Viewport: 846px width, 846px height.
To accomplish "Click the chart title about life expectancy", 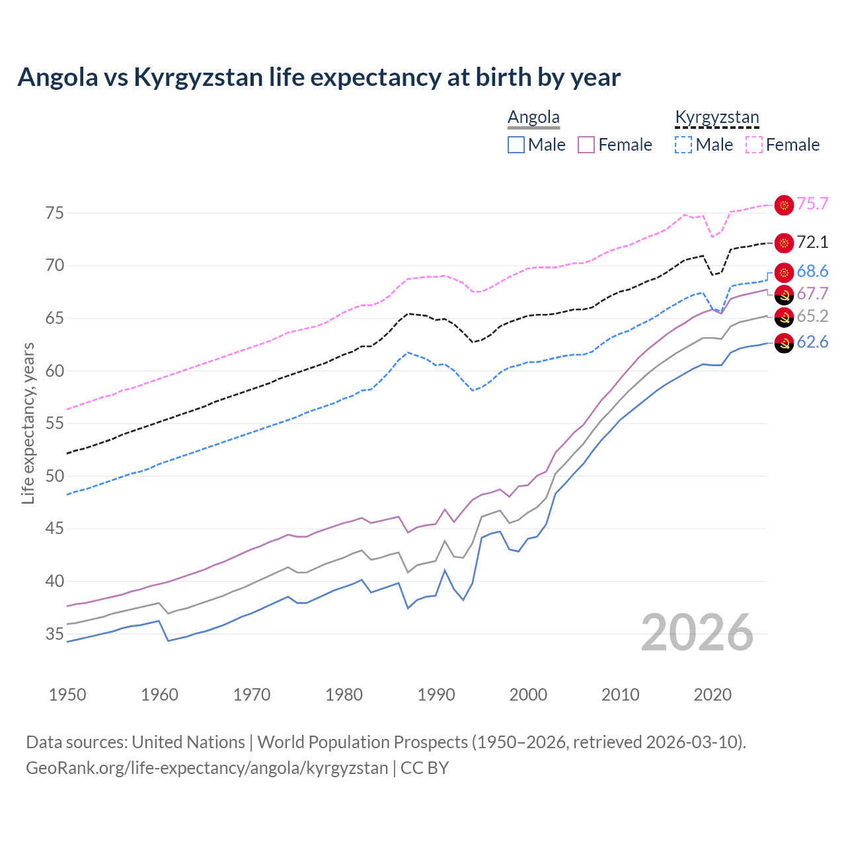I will click(319, 77).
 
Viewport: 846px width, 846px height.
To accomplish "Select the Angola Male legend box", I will click(516, 145).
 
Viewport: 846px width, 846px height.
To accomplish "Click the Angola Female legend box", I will click(586, 145).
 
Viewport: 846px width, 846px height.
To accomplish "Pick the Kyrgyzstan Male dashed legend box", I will click(683, 145).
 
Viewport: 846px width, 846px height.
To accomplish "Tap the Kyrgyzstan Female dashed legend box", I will click(754, 145).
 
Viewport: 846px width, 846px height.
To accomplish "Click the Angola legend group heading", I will click(533, 117).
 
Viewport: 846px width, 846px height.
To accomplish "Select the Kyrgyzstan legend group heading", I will click(716, 117).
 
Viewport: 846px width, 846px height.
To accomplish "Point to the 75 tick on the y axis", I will click(54, 213).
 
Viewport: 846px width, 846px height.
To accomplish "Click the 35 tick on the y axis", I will click(54, 634).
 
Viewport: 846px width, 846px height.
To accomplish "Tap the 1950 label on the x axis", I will click(67, 695).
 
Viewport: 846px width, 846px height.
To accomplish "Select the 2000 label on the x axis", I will click(528, 695).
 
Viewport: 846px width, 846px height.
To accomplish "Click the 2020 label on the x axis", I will click(712, 695).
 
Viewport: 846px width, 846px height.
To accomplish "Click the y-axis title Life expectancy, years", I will click(28, 423).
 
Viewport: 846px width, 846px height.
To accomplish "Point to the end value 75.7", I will click(812, 204).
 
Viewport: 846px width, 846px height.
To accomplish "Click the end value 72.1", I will click(812, 243).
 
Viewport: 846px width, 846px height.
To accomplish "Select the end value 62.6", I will click(812, 342).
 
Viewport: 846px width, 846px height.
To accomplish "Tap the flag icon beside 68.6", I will click(784, 272).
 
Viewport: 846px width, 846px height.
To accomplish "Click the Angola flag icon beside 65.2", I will click(784, 318).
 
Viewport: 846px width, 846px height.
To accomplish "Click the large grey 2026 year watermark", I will click(697, 633).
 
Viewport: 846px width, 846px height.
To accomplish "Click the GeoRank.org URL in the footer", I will click(207, 768).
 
